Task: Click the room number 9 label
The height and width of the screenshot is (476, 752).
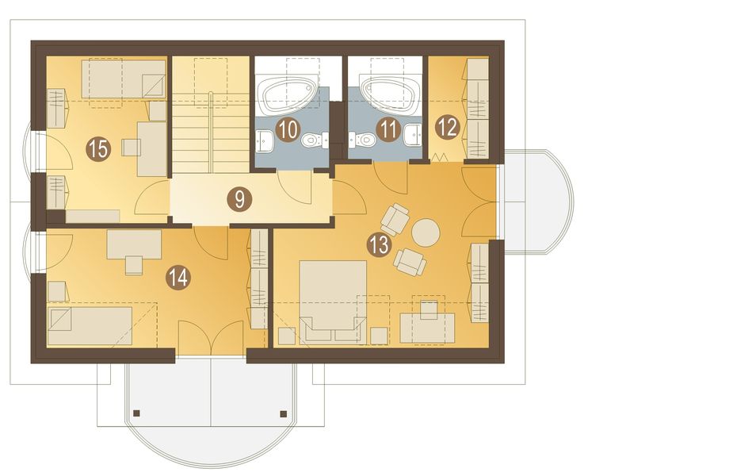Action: coord(240,199)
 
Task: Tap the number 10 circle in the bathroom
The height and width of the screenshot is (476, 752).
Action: coord(288,129)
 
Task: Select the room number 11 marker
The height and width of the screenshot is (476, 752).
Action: coord(388,129)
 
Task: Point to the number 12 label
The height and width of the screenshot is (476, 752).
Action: coord(448,128)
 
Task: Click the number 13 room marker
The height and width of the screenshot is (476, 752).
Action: coord(379,245)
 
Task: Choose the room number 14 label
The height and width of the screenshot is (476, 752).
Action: coord(178,278)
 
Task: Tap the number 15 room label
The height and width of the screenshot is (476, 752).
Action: coord(97,149)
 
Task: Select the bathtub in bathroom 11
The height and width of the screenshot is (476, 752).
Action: coord(390,95)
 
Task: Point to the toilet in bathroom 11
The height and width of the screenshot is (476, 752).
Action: coord(362,140)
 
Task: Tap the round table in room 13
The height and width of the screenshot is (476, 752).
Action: coord(426,233)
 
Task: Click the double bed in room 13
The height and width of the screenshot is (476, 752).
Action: coord(333,302)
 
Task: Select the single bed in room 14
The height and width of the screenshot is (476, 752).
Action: coord(90,326)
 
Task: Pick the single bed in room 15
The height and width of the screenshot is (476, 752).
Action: coord(124,79)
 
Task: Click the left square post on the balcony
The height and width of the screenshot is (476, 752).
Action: coord(136,413)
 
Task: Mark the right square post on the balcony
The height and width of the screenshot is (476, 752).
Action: coord(283,413)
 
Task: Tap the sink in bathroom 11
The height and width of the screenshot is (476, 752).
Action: coord(412,135)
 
